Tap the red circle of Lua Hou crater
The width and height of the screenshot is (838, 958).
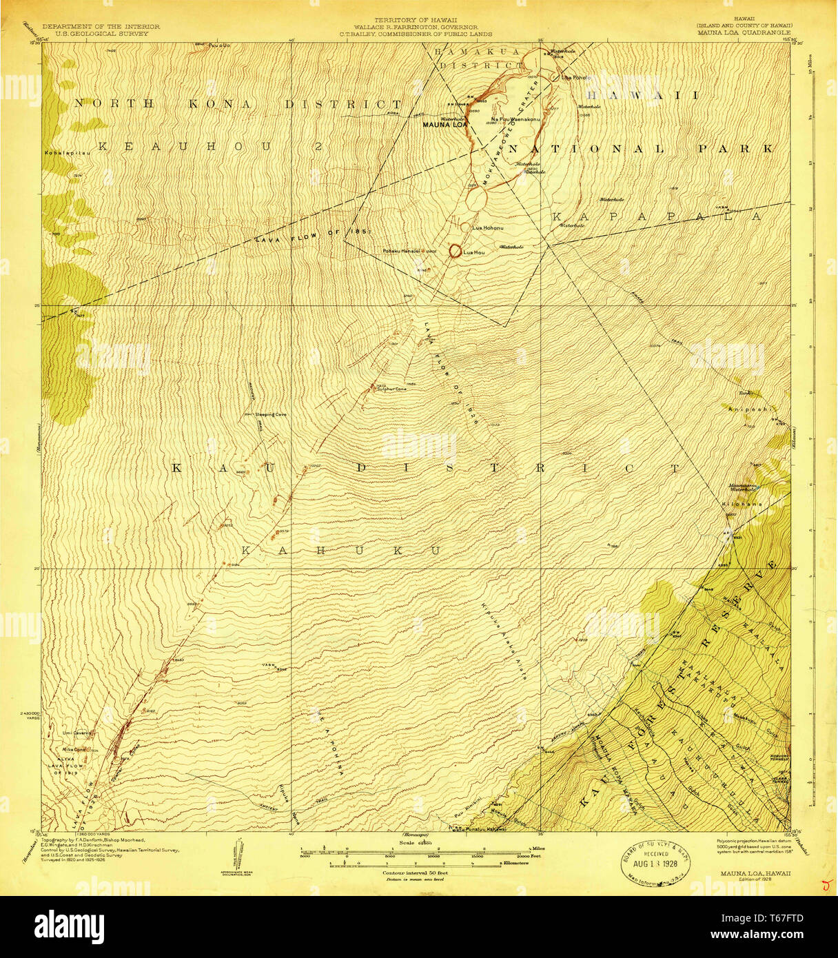(x=455, y=252)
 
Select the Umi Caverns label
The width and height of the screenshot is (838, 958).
(x=77, y=733)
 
